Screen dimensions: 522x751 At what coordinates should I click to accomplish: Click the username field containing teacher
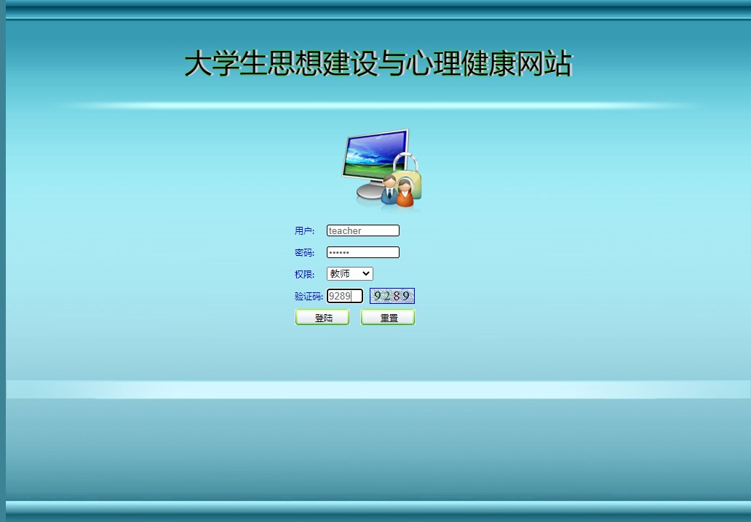362,230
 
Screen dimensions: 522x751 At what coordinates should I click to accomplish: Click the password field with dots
362,252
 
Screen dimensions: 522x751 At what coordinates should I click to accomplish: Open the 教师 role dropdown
349,274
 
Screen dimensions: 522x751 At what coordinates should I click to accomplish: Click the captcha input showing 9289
344,296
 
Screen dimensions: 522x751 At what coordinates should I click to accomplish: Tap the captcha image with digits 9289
392,296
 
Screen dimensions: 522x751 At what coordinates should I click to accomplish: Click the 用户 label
304,231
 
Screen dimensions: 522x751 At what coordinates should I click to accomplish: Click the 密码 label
304,253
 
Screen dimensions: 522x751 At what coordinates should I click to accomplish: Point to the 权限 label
304,275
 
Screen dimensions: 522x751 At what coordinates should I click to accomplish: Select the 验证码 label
309,297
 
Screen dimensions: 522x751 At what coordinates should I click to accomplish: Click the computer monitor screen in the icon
374,156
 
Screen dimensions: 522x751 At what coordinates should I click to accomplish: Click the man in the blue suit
389,190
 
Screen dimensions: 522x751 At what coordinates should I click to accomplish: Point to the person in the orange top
405,193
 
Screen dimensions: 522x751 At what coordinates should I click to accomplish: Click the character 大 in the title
198,64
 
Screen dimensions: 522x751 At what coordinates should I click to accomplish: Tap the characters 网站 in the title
544,64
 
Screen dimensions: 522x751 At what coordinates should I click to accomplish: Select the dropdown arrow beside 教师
365,274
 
